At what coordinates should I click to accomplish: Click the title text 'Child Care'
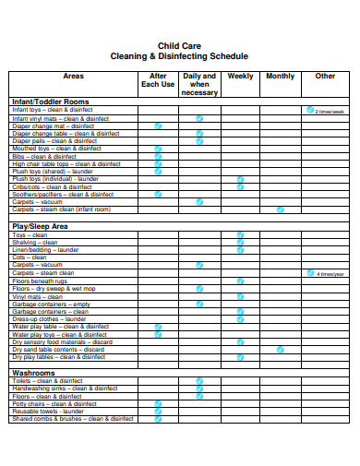pos(180,44)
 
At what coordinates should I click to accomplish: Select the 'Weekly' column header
pos(240,77)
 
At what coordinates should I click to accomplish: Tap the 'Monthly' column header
pos(281,77)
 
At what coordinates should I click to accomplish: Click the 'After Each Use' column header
pos(157,80)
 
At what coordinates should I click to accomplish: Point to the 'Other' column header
pos(325,77)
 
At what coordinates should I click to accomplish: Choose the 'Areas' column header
pos(73,77)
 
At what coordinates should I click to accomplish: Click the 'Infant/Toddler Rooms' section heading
pos(50,102)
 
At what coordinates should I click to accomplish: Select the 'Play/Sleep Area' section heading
pos(40,226)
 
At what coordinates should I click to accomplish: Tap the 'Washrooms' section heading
pos(33,373)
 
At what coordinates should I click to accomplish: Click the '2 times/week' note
pos(330,111)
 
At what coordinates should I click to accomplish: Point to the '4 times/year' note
pos(330,274)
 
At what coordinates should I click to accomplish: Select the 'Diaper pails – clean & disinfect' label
pos(54,141)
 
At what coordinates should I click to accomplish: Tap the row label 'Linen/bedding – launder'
pos(45,250)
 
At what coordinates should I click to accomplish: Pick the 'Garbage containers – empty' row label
pos(51,304)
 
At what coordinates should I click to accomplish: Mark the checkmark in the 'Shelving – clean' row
pos(240,242)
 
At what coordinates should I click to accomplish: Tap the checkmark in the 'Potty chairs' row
pos(158,403)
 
